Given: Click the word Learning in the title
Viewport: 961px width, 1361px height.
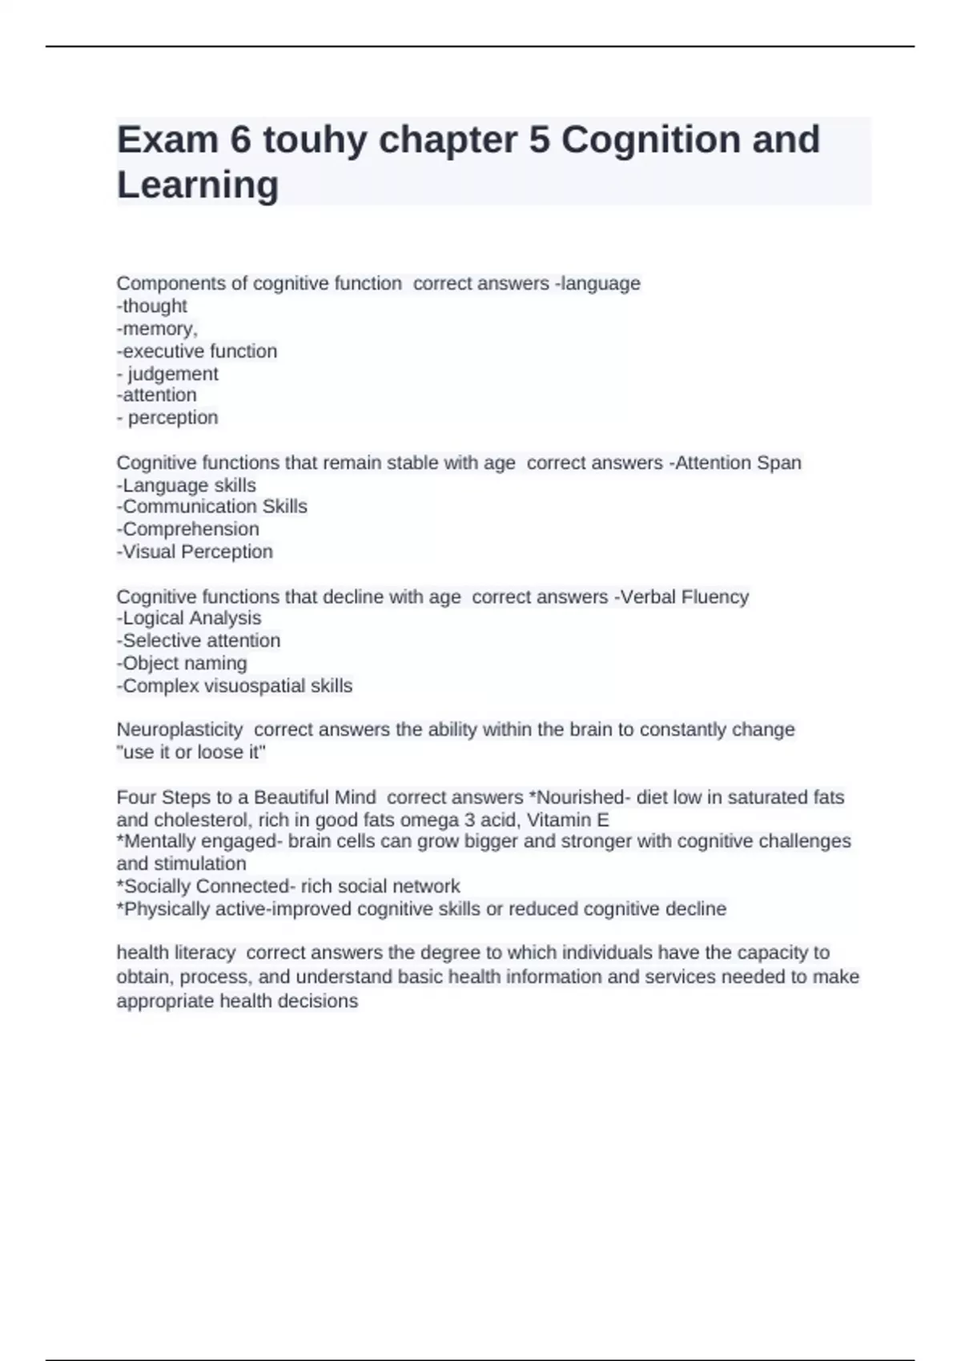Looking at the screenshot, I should [198, 185].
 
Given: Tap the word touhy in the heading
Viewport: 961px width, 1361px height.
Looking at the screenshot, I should [315, 140].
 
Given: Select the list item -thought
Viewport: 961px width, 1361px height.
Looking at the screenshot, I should [152, 306].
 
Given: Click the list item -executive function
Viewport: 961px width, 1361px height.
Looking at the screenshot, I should [197, 351].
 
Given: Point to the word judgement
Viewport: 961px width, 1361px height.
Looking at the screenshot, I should [173, 374].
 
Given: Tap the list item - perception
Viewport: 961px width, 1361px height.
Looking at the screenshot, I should [167, 417].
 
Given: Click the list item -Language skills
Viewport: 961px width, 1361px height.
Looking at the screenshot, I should [187, 485].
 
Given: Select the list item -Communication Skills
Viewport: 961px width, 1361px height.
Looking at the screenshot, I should [212, 507].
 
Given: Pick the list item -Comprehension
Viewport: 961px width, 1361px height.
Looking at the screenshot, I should [188, 529].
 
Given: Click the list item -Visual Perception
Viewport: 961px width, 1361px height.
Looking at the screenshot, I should [195, 552].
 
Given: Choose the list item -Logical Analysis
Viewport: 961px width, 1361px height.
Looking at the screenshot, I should [189, 618].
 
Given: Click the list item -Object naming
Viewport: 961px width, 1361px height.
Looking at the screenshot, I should [182, 663].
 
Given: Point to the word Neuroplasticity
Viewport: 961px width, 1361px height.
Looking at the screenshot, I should [179, 729].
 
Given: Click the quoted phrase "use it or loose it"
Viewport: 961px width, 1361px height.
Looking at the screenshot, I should [191, 752].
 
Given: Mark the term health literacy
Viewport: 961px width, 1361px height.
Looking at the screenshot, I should [176, 953].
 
